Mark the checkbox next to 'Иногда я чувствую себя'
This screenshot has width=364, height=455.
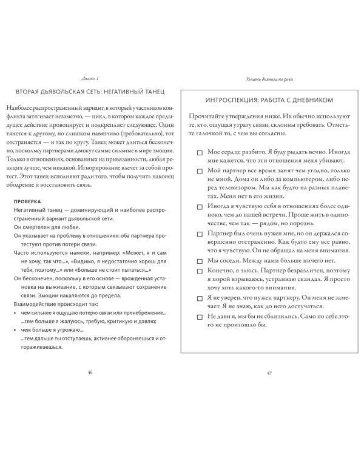point(200,206)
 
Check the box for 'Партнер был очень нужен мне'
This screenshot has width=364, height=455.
point(200,233)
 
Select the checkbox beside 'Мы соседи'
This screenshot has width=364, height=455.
point(200,260)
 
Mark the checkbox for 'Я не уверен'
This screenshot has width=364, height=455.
point(200,299)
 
